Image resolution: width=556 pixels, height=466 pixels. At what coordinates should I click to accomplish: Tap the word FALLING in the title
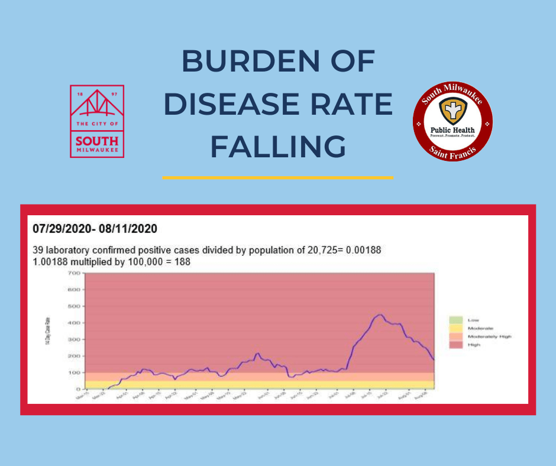pyautogui.click(x=278, y=146)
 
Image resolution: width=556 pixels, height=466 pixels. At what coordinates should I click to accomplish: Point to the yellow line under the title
pyautogui.click(x=278, y=177)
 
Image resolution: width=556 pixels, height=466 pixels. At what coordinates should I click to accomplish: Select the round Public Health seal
pyautogui.click(x=453, y=122)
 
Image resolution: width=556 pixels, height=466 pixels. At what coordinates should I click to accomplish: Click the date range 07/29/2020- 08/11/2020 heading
pyautogui.click(x=95, y=228)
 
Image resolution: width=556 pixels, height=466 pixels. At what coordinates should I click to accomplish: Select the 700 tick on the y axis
pyautogui.click(x=73, y=273)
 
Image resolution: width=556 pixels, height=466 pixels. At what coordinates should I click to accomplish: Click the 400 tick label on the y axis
pyautogui.click(x=73, y=323)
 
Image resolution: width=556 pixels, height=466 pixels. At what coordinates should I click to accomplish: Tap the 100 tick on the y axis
pyautogui.click(x=73, y=373)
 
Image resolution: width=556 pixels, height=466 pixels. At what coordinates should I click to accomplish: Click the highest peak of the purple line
pyautogui.click(x=380, y=315)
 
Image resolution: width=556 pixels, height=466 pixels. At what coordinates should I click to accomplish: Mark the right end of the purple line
pyautogui.click(x=434, y=359)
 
